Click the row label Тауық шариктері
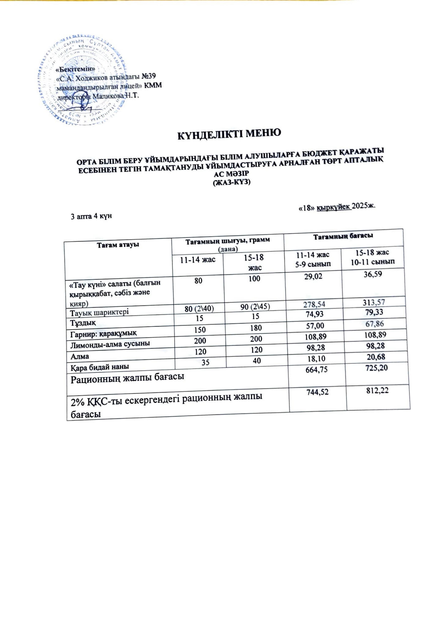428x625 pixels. pyautogui.click(x=99, y=312)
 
